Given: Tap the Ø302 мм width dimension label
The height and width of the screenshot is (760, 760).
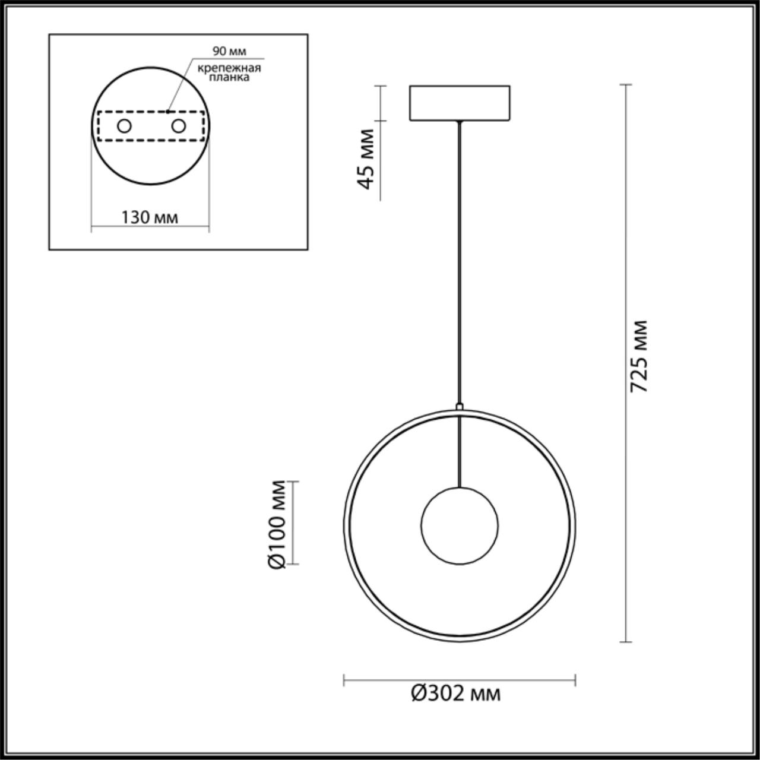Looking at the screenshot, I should [x=456, y=693].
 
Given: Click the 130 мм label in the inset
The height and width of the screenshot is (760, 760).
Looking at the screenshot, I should [x=150, y=217].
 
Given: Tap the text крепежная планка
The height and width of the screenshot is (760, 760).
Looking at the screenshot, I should [x=229, y=72].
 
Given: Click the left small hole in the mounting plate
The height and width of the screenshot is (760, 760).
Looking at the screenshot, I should [x=125, y=126].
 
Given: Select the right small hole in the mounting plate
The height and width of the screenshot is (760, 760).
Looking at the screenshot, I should [x=178, y=126].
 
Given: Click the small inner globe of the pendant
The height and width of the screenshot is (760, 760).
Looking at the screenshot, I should [x=460, y=526].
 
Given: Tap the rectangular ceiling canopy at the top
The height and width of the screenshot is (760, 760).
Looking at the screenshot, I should [x=459, y=103].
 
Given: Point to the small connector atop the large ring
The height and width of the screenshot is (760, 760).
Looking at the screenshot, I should [x=459, y=407].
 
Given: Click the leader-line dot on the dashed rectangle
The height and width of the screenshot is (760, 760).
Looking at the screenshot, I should [x=168, y=110].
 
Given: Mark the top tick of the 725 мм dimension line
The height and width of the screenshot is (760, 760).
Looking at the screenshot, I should [x=625, y=85].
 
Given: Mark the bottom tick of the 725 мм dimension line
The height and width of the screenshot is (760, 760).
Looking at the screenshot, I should [x=625, y=642].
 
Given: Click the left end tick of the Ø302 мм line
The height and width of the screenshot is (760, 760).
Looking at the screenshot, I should [x=344, y=680].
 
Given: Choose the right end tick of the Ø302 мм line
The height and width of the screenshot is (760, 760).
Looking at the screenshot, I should [x=575, y=680].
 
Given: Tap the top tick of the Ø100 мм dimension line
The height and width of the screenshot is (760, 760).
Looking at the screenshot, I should [x=292, y=482].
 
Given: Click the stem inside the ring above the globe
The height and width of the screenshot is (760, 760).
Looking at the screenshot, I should [x=460, y=451].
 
